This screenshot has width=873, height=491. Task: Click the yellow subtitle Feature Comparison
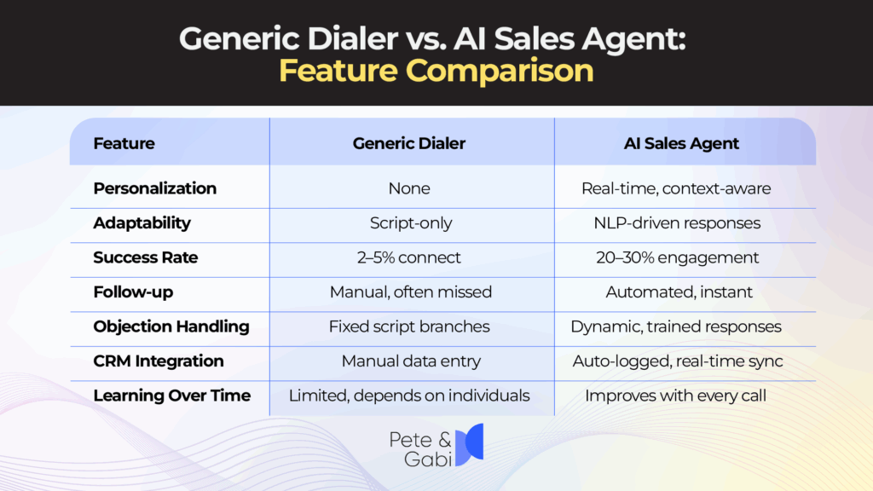pyautogui.click(x=436, y=71)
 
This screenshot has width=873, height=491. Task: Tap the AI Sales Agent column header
pyautogui.click(x=681, y=143)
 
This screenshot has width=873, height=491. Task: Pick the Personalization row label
pyautogui.click(x=154, y=188)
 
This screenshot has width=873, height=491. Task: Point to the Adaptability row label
pyautogui.click(x=142, y=223)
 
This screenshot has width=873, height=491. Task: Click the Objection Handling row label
pyautogui.click(x=171, y=326)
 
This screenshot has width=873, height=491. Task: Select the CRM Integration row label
pyautogui.click(x=158, y=361)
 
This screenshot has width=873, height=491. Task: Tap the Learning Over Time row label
pyautogui.click(x=171, y=396)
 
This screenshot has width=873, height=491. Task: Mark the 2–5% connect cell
pyautogui.click(x=410, y=257)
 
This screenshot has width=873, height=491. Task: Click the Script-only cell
pyautogui.click(x=411, y=223)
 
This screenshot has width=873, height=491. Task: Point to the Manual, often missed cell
pyautogui.click(x=411, y=292)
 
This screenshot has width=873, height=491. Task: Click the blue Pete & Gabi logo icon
pyautogui.click(x=468, y=443)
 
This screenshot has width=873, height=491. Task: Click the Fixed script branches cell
pyautogui.click(x=410, y=326)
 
